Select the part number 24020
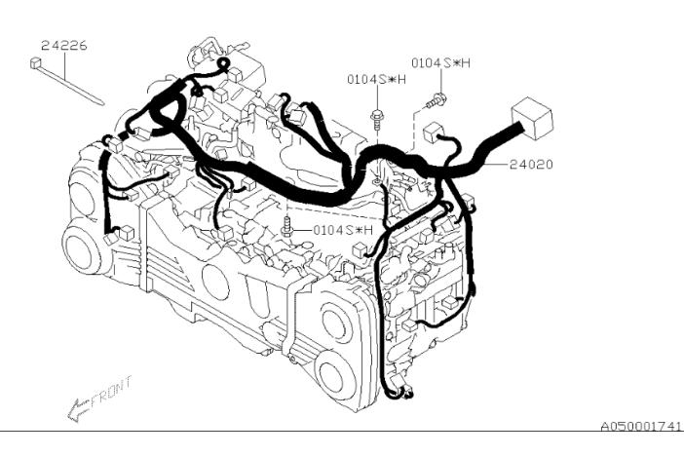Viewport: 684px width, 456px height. click(x=530, y=165)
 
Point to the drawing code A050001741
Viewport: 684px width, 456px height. click(x=640, y=427)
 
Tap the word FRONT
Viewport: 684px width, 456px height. click(x=110, y=390)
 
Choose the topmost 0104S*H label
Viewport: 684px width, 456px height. click(x=440, y=62)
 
